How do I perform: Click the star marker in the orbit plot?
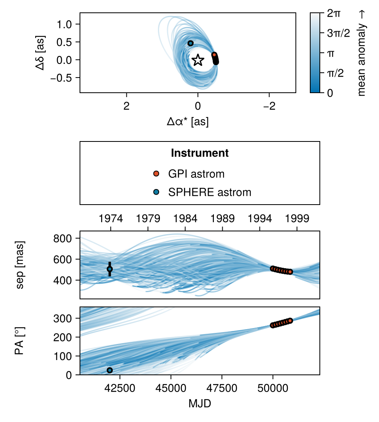click(x=198, y=60)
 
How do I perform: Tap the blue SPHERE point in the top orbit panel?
click(x=191, y=43)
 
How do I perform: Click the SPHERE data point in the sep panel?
click(x=110, y=269)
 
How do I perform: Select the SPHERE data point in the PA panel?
click(x=110, y=370)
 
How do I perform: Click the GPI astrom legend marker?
click(x=156, y=174)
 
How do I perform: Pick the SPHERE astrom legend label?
click(x=209, y=192)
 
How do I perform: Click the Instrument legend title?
click(x=200, y=153)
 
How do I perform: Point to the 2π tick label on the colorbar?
click(x=334, y=13)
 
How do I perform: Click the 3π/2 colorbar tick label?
click(x=338, y=33)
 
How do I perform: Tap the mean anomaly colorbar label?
click(x=361, y=53)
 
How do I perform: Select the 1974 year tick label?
click(x=111, y=219)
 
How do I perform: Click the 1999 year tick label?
click(x=297, y=219)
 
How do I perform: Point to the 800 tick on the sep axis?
click(x=62, y=238)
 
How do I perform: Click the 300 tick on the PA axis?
click(x=62, y=318)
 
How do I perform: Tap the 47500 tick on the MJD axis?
click(x=222, y=388)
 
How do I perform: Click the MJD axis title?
click(x=200, y=404)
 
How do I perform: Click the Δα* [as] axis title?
click(x=188, y=121)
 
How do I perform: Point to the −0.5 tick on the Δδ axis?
click(x=61, y=78)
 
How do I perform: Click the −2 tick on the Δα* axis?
click(x=269, y=106)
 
